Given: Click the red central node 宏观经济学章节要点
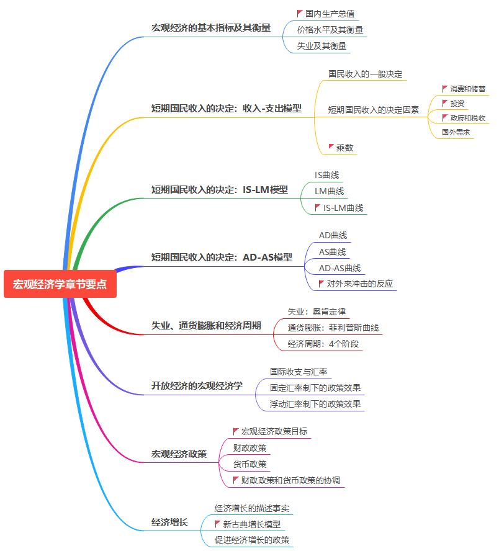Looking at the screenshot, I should pos(60,284).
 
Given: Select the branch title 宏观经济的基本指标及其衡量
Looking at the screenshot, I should pos(211,28).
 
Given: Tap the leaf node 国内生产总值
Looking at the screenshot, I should pos(330,14).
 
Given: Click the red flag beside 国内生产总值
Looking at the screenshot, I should pos(300,13).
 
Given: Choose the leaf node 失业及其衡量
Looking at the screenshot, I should pos(321,46).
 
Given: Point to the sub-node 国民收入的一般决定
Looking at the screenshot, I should pos(365,74).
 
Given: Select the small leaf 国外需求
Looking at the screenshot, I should pos(456,132).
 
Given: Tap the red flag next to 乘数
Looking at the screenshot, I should pos(331,147).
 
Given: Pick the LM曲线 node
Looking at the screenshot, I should pos(329,191).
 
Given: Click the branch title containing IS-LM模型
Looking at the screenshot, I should pos(220,190).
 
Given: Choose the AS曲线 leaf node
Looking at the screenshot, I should pos(332,252).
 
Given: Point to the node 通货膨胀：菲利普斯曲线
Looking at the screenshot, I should pos(333,328).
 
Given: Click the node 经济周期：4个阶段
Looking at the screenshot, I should pos(323,344).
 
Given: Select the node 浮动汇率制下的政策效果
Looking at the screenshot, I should pos(315,404).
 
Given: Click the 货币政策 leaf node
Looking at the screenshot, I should pos(249,464).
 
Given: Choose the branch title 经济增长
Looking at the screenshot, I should pos(169,522).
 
